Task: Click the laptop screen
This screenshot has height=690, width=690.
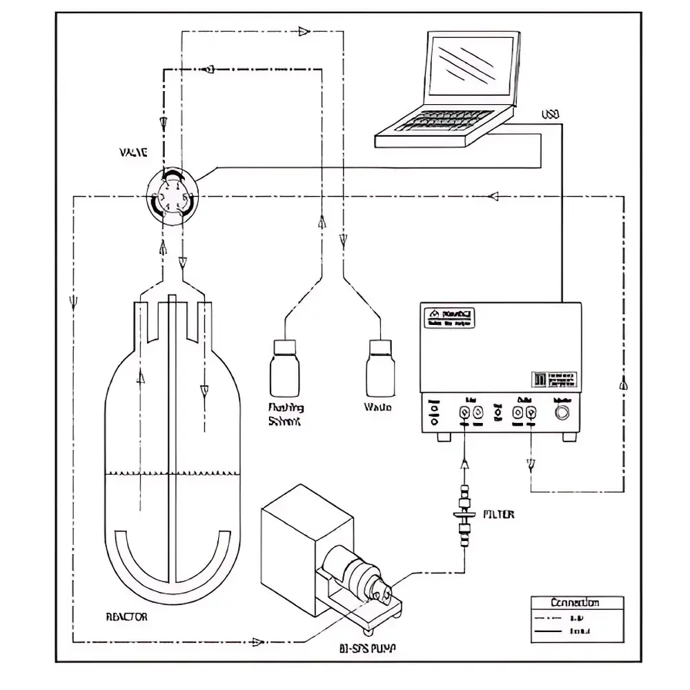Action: pos(473,68)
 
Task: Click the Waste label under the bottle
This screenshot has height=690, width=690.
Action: pos(377,407)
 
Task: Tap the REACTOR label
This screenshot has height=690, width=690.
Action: pos(127,617)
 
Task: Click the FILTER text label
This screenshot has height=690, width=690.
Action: pos(498,515)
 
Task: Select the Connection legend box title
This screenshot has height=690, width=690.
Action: pos(575,602)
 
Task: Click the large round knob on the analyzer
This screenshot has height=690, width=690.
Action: pos(562,413)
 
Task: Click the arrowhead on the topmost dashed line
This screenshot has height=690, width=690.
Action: pos(304,31)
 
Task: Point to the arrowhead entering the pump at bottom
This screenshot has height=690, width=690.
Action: pos(258,642)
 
